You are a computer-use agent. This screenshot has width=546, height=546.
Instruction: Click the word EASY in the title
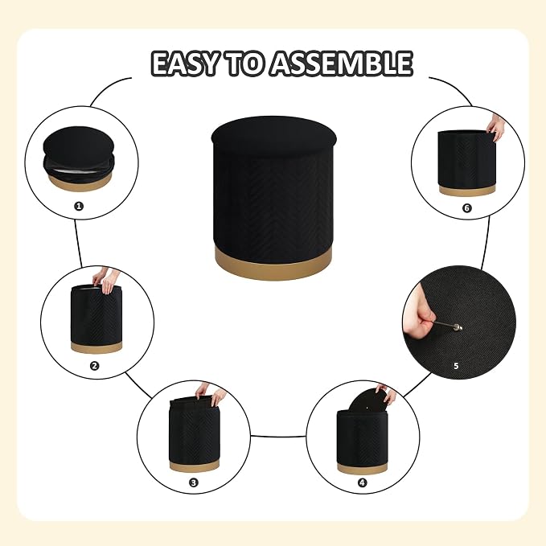[185, 64]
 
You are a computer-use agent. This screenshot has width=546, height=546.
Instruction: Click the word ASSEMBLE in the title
[342, 64]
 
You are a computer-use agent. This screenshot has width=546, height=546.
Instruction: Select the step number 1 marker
[79, 206]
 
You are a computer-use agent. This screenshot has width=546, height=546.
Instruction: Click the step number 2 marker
[94, 366]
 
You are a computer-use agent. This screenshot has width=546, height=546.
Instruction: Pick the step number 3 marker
[194, 482]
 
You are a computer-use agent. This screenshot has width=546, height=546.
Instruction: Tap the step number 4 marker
[362, 482]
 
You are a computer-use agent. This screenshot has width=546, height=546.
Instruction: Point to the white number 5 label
[456, 366]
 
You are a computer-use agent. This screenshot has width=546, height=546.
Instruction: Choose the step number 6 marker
[467, 208]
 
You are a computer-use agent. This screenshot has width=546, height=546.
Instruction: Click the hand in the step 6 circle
[496, 126]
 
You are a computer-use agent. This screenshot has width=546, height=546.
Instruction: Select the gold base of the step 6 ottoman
[467, 191]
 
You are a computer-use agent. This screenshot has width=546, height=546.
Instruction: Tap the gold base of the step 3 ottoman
[194, 466]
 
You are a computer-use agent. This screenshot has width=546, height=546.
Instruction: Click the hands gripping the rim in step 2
[106, 280]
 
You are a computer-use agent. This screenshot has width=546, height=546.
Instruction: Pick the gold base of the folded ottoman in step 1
[80, 183]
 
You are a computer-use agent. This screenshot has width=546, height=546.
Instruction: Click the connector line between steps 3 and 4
[278, 436]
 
